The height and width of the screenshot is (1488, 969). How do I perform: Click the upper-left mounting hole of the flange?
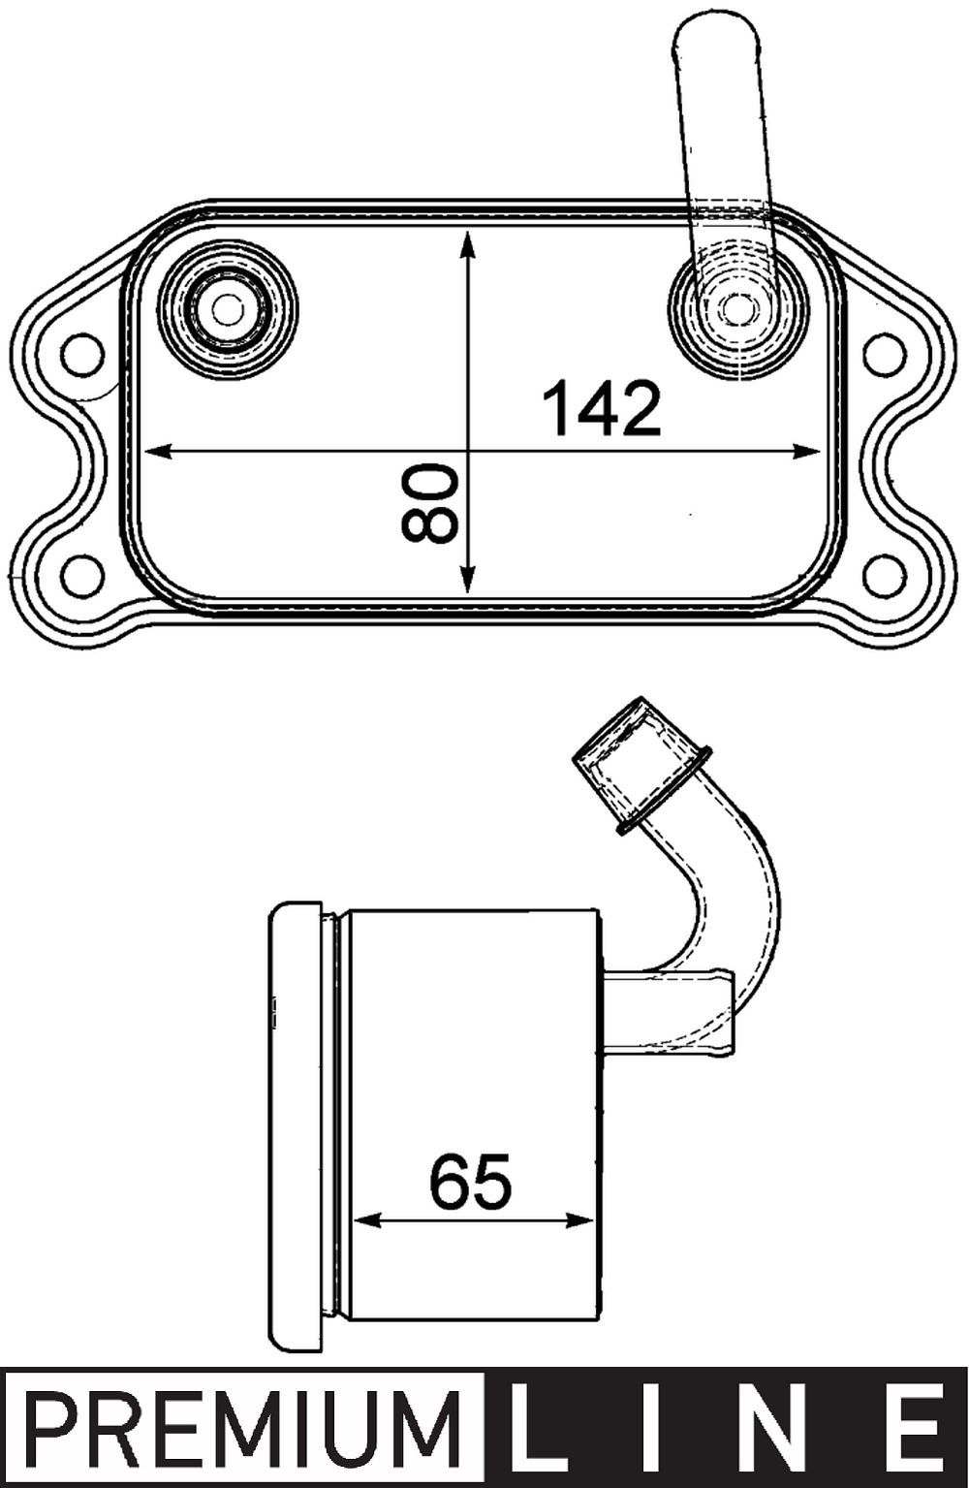point(80,355)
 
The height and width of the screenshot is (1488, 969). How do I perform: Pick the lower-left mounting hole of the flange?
point(80,575)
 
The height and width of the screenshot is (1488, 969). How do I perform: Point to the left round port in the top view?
point(228,309)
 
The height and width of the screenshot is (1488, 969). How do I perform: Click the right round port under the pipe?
point(738,309)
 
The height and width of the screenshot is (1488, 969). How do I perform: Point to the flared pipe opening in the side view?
point(640,761)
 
